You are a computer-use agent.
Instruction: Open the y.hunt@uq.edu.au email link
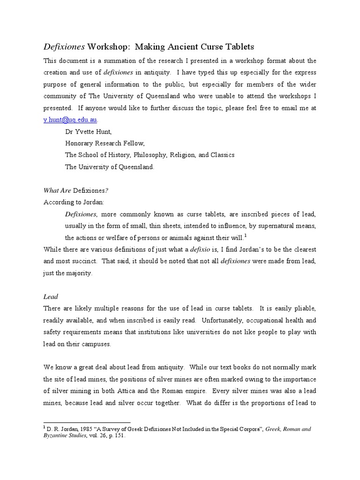coord(70,120)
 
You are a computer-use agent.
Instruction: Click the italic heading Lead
coord(50,296)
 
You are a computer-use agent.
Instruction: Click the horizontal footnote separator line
coord(87,422)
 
